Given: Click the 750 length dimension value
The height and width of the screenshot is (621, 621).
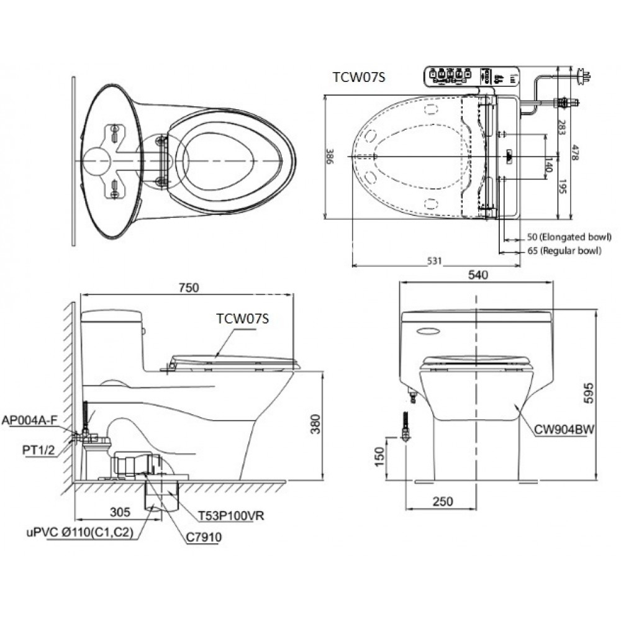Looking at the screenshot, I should click(188, 287).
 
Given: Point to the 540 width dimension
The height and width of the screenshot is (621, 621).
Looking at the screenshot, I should click(478, 274).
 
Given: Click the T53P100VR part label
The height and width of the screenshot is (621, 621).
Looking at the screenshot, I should click(224, 516).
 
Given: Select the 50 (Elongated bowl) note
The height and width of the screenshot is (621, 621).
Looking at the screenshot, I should click(567, 237).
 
